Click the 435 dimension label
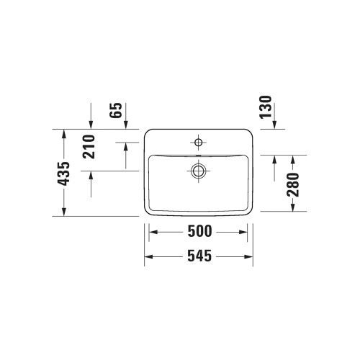coord(64,173)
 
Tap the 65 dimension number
coord(115,112)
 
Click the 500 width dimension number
coord(199,232)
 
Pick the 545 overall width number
coord(199,256)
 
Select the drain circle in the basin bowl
coord(198,171)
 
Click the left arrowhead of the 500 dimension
coord(152,232)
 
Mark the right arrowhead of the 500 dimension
coord(246,232)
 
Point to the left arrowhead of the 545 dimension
coord(148,256)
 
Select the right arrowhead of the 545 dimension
coord(249,256)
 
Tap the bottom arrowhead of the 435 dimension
coord(64,212)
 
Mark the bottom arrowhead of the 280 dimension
coord(292,208)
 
